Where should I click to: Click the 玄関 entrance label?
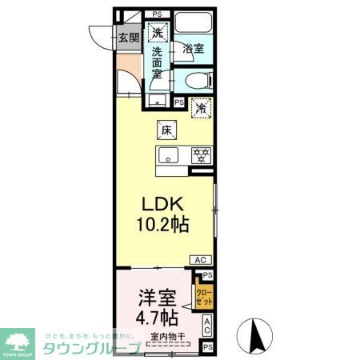tap(128, 37)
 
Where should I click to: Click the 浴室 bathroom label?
tap(193, 49)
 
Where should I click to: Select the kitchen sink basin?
tap(168, 155)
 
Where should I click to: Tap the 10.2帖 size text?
tap(166, 226)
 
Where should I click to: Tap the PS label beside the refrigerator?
tap(179, 103)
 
